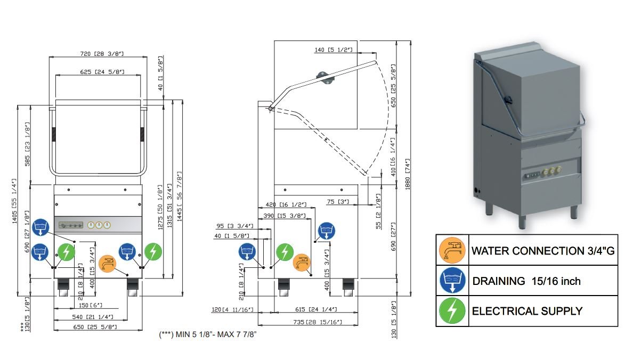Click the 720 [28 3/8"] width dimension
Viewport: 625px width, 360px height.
98,54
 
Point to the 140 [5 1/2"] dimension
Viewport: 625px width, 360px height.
334,50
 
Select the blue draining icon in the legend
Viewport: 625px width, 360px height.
452,281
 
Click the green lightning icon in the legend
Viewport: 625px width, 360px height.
452,310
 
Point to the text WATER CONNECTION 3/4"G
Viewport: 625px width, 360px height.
543,251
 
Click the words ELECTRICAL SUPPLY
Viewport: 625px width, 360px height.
527,311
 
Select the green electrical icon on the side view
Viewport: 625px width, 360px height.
286,251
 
